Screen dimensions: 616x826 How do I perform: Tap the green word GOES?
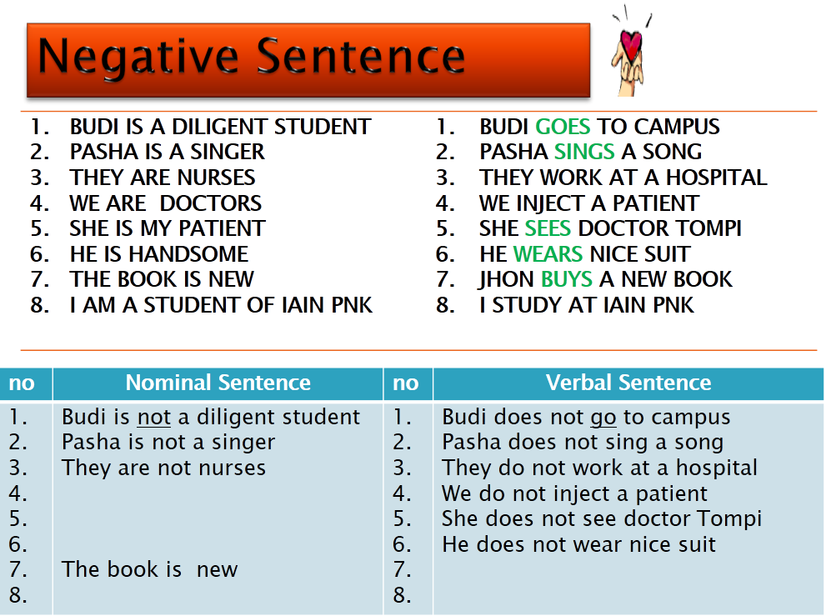coord(563,128)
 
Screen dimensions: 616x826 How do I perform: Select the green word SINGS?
coord(583,153)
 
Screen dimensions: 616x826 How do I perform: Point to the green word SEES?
coord(548,228)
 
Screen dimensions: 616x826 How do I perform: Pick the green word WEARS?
coord(548,254)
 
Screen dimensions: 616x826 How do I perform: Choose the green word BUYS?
coord(567,279)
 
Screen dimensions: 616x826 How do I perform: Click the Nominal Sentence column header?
coord(218,383)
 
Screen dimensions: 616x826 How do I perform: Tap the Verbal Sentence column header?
coord(628,383)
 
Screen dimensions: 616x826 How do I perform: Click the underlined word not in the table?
coord(153,417)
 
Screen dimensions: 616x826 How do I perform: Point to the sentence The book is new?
coord(149,570)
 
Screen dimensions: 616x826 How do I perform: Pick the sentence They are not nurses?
coord(163,468)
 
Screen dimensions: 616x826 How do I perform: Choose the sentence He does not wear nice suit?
coord(578,545)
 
